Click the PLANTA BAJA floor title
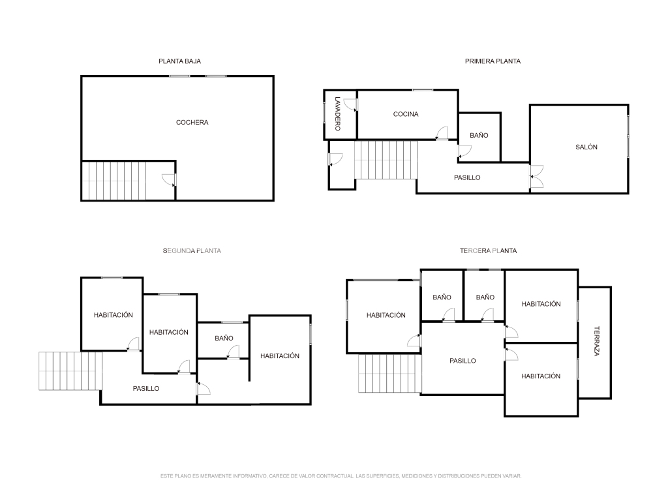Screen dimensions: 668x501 (x=179, y=61)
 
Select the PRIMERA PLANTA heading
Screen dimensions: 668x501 (x=493, y=61)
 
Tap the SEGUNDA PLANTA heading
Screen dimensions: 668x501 (x=192, y=251)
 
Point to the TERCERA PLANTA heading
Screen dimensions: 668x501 (x=488, y=251)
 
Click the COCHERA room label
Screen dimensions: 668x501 (x=192, y=122)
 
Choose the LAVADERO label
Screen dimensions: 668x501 (x=338, y=114)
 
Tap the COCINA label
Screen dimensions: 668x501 (x=406, y=114)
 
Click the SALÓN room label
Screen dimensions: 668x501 (x=586, y=147)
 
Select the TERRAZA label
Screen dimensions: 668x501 (x=596, y=341)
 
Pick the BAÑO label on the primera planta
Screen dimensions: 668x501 (x=479, y=135)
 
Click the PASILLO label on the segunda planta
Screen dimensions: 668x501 (x=146, y=389)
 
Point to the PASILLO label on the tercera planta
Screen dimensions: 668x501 (x=463, y=361)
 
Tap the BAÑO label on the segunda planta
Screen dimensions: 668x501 (x=224, y=338)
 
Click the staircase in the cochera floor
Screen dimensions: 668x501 (x=114, y=181)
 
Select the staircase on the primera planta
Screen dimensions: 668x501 (x=386, y=160)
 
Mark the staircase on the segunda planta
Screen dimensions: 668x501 (x=70, y=371)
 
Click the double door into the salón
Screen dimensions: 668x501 (x=536, y=176)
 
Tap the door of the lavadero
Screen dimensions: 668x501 (x=350, y=105)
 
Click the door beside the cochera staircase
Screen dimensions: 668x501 (x=169, y=180)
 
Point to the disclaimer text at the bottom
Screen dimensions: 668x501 (x=341, y=476)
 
